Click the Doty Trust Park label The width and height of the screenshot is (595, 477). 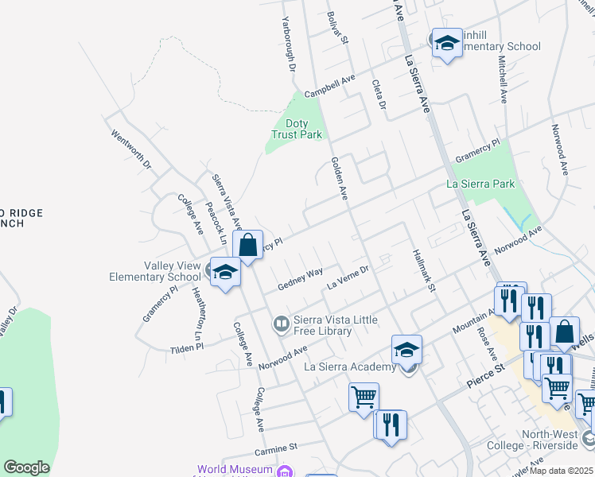pos(297,129)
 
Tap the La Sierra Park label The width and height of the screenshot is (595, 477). pos(480,184)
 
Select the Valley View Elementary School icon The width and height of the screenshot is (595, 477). pos(225,272)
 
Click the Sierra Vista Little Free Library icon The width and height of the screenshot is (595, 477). pos(281,324)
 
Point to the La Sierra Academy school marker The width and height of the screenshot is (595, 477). pos(406,349)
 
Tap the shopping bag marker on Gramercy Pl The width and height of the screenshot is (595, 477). pos(247,245)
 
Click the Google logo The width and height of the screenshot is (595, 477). pos(26,467)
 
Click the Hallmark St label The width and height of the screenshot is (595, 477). pos(424,270)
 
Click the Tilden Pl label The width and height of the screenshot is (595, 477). pos(189,349)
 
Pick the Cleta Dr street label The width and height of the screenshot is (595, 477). pos(379,95)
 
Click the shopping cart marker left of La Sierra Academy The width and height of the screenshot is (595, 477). pos(364,397)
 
